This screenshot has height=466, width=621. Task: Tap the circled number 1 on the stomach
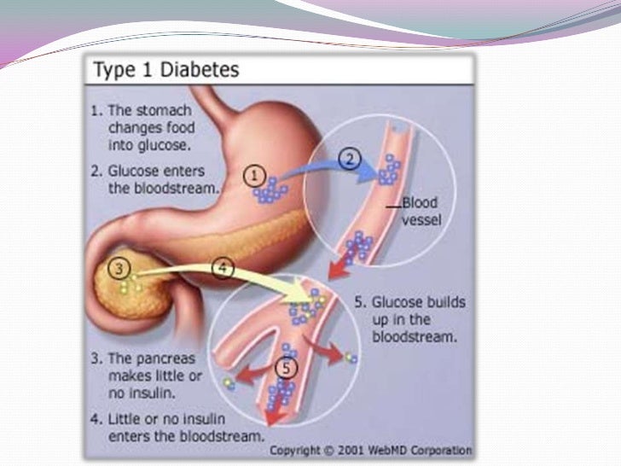253,177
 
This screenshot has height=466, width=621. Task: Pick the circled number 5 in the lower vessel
287,369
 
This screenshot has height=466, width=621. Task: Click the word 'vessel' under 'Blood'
420,220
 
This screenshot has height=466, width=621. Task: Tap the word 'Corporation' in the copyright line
444,449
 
